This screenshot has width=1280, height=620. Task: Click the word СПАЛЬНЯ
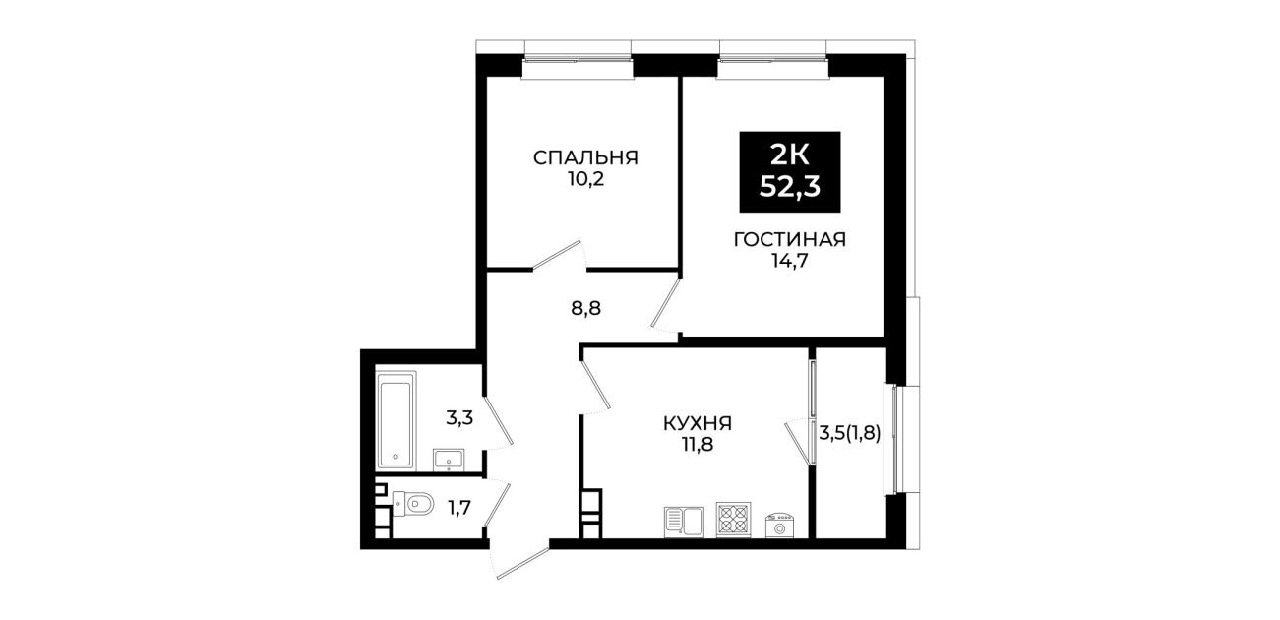pyautogui.click(x=585, y=157)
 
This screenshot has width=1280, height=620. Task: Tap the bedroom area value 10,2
pyautogui.click(x=585, y=179)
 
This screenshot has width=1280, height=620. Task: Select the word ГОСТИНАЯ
pyautogui.click(x=790, y=239)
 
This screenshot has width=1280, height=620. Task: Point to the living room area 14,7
pyautogui.click(x=790, y=261)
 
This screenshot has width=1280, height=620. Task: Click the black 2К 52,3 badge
pyautogui.click(x=790, y=172)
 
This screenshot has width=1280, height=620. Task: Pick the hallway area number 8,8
pyautogui.click(x=586, y=309)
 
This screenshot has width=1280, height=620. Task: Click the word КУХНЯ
pyautogui.click(x=698, y=423)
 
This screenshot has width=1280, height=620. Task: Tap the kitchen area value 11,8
pyautogui.click(x=698, y=444)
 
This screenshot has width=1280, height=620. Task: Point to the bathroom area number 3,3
pyautogui.click(x=459, y=418)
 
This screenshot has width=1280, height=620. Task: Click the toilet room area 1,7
pyautogui.click(x=458, y=508)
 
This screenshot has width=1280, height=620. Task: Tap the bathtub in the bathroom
pyautogui.click(x=396, y=420)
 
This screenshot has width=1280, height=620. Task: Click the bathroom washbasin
pyautogui.click(x=449, y=460)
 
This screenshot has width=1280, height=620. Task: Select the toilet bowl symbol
pyautogui.click(x=414, y=505)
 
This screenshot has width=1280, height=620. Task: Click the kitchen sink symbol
pyautogui.click(x=684, y=522)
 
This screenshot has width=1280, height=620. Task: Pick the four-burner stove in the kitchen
pyautogui.click(x=734, y=520)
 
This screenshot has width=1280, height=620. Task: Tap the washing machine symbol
pyautogui.click(x=779, y=525)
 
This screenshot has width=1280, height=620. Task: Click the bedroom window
pyautogui.click(x=578, y=59)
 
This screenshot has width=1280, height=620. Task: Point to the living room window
pyautogui.click(x=772, y=59)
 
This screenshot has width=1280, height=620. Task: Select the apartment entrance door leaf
pyautogui.click(x=522, y=563)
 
